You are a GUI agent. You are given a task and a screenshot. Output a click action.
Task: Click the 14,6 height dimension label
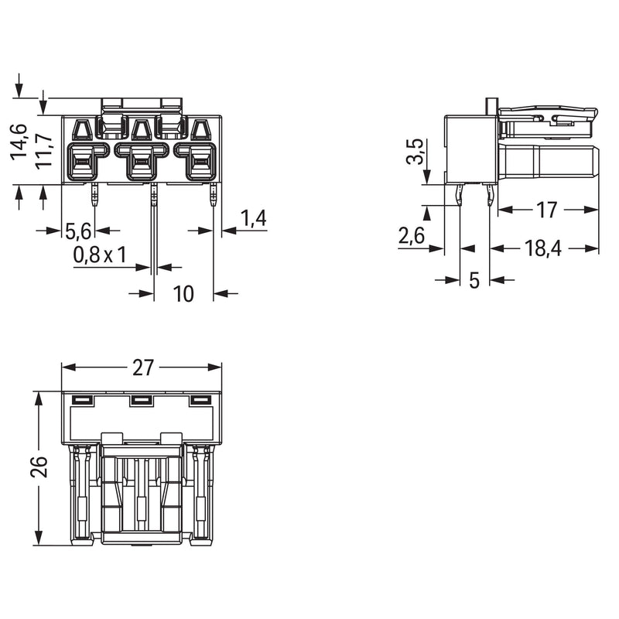19,142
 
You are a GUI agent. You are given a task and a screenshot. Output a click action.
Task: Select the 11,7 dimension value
43,151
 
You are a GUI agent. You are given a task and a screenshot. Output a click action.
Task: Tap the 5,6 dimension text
78,231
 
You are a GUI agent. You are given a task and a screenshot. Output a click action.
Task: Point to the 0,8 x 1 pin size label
100,255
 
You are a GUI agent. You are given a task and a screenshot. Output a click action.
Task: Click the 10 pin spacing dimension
183,294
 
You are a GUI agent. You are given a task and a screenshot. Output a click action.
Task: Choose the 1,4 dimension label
254,218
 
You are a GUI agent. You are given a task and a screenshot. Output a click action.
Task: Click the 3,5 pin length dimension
415,151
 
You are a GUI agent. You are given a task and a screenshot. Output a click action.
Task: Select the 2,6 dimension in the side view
412,236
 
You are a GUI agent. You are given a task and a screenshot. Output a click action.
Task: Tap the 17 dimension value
547,210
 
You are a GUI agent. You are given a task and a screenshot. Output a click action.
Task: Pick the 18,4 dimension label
543,248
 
